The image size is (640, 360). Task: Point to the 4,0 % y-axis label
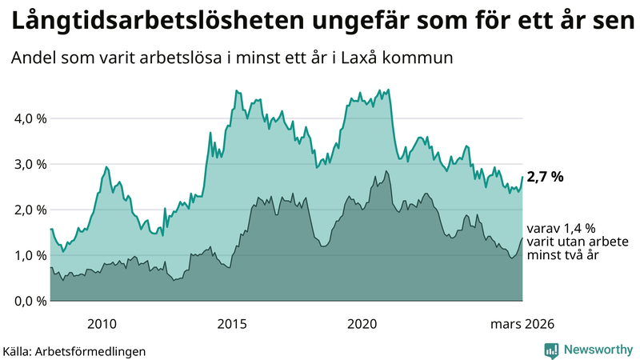(30, 118)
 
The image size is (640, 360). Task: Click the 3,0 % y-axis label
(30, 164)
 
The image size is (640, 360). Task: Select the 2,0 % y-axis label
(30, 210)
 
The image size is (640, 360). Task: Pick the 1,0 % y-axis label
(30, 255)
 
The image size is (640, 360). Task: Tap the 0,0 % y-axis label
(30, 301)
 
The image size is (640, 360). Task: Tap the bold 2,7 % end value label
(546, 177)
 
